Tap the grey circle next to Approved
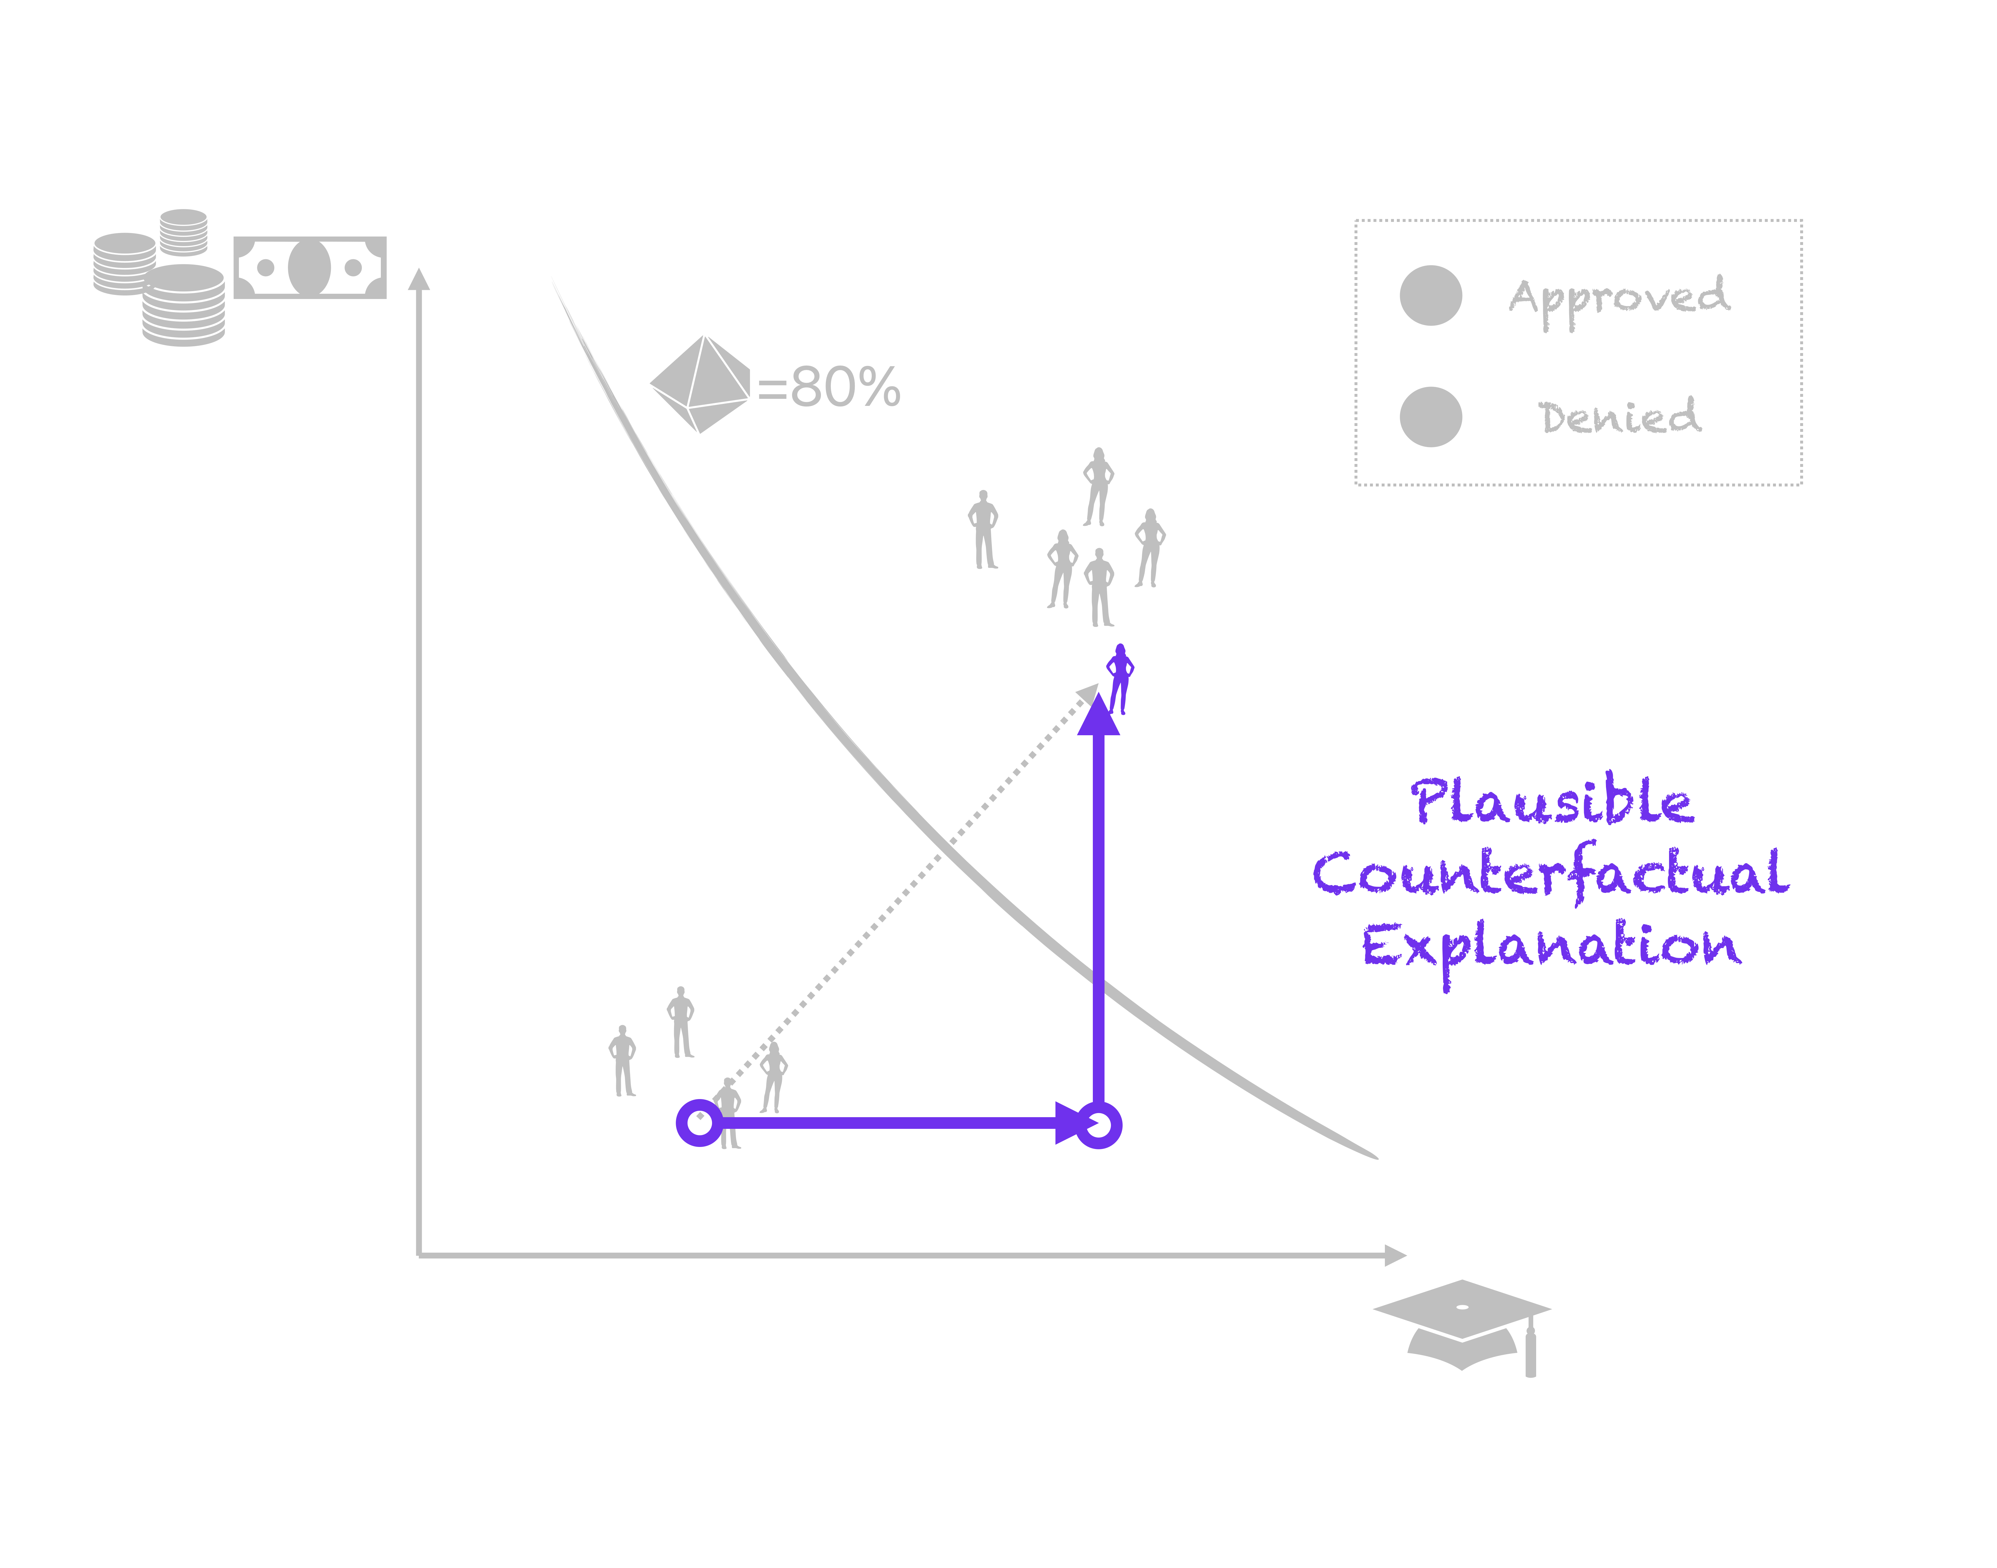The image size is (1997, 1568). click(1430, 295)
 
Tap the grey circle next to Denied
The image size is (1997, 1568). click(1430, 417)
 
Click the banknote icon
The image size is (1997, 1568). click(309, 267)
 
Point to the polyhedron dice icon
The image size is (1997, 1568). click(700, 384)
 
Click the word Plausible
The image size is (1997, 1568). click(1552, 802)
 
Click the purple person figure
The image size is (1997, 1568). click(1119, 677)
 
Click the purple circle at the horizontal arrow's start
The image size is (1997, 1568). click(700, 1123)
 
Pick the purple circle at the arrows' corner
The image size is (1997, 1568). click(1098, 1124)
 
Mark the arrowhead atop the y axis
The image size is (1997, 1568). click(419, 279)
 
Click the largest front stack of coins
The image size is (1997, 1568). click(184, 306)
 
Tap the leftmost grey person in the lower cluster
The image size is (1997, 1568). click(623, 1060)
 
